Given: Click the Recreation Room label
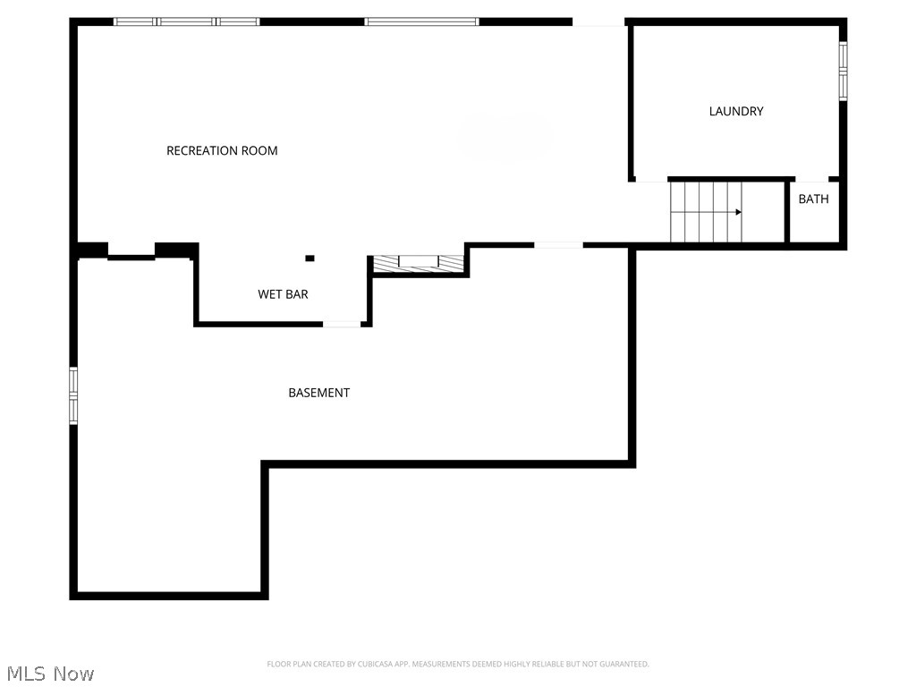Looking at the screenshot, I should click(222, 150).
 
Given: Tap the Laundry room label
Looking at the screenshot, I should click(736, 112).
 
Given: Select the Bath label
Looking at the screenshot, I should click(813, 199).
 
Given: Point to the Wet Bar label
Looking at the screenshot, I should click(283, 294).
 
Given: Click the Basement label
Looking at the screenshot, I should click(318, 393).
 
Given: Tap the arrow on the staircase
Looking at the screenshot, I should click(738, 212).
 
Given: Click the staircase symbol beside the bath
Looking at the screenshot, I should click(706, 212).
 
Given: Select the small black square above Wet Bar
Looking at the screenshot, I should click(310, 259).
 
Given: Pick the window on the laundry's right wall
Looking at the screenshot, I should click(843, 70).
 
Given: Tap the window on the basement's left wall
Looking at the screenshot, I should click(74, 394).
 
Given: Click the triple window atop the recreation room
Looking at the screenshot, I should click(186, 21).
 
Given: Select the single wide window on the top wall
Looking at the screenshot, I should click(421, 21).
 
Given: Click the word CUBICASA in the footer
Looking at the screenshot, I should click(366, 664).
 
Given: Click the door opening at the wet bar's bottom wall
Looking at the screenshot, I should click(342, 324).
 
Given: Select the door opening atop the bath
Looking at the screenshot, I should click(811, 180).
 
